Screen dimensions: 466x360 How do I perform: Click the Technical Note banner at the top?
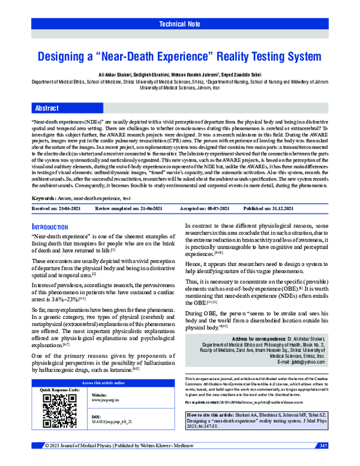pyautogui.click(x=179, y=24)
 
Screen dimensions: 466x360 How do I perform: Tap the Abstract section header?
pyautogui.click(x=47, y=108)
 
